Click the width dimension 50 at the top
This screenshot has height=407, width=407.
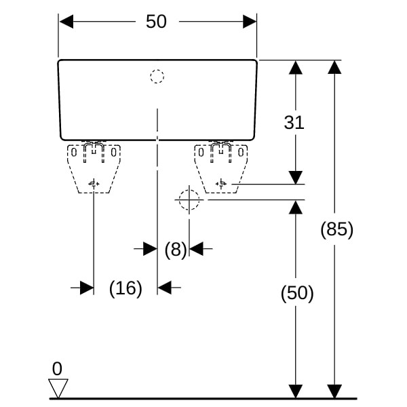point(156,21)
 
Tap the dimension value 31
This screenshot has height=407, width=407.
point(294,123)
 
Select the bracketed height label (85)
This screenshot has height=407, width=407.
point(336,229)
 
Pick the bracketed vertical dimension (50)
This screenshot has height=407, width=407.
point(297,293)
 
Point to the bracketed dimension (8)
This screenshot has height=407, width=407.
point(176,250)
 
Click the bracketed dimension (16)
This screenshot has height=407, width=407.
point(125,288)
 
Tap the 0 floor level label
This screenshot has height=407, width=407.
point(57,368)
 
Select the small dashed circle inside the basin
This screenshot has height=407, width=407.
point(157,77)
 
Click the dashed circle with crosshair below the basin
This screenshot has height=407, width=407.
point(189,200)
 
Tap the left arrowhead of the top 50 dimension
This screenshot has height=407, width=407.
point(66,22)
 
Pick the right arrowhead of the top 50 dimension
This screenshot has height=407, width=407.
point(250,22)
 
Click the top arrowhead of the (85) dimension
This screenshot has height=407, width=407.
point(334,67)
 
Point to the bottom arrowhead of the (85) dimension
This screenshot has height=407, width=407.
point(334,391)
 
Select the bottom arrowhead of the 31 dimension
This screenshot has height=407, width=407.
point(296,178)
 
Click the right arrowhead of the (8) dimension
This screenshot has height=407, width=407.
point(197,249)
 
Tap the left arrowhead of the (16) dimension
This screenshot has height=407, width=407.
point(87,288)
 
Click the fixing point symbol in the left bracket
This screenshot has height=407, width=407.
point(94,184)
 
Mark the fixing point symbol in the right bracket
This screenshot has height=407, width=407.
point(221,184)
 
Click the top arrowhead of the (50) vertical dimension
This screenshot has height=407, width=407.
point(296,207)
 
